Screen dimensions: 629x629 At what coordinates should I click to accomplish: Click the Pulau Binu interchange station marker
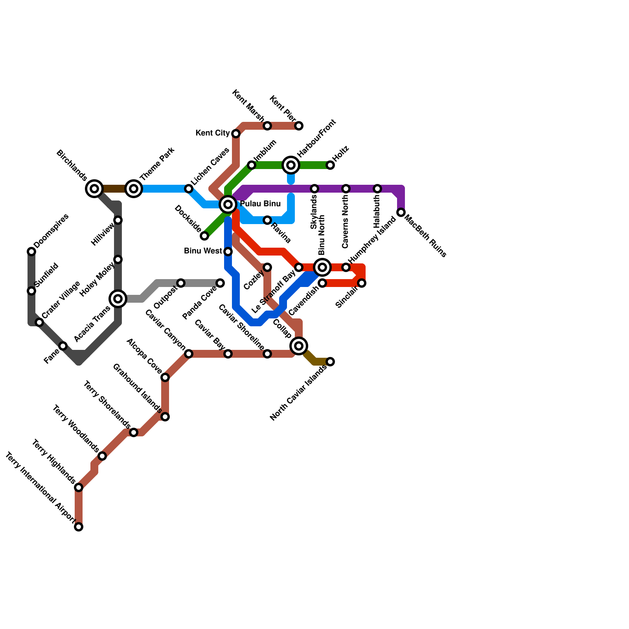click(228, 204)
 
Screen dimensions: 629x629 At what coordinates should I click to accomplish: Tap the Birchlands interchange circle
click(94, 189)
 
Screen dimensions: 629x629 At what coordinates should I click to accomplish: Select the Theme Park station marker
click(134, 189)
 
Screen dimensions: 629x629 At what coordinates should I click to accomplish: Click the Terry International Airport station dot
click(79, 527)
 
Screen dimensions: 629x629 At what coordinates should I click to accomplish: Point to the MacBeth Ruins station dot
click(401, 212)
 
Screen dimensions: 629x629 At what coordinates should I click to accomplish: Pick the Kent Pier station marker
click(299, 126)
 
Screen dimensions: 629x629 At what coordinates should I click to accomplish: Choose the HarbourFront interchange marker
click(291, 165)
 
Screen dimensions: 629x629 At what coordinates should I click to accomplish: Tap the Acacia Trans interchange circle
click(118, 299)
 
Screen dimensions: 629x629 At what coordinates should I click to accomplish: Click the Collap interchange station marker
click(299, 346)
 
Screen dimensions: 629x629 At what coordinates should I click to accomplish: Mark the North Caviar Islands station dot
click(330, 362)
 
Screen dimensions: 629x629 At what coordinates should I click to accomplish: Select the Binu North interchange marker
click(322, 267)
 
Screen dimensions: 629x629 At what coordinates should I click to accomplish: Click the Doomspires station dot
click(31, 252)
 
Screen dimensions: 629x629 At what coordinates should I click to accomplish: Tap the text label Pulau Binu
click(260, 204)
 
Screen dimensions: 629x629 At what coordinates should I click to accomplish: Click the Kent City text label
click(212, 133)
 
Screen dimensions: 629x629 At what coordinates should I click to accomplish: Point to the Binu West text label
click(203, 251)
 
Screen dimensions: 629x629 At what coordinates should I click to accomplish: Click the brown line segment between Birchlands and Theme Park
click(114, 189)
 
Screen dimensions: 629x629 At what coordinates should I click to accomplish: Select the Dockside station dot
click(204, 236)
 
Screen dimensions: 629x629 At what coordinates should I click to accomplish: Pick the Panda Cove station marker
click(220, 283)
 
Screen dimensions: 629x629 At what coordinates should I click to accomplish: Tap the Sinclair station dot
click(362, 283)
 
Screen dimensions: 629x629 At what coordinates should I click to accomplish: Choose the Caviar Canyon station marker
click(189, 354)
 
